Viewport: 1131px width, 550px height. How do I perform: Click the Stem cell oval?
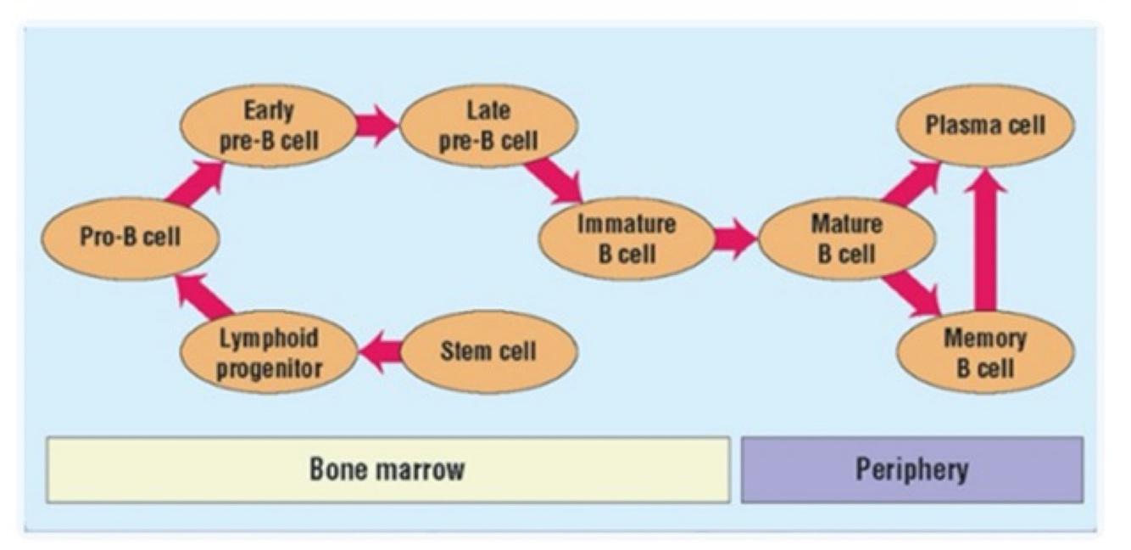488,350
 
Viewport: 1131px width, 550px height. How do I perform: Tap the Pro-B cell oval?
130,238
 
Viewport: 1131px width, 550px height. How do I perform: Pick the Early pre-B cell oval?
268,126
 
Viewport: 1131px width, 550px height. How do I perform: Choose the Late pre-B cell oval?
488,126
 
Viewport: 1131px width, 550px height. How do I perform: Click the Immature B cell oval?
627,238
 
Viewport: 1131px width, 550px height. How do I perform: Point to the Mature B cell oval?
847,238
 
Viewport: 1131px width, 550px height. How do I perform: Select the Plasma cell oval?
985,126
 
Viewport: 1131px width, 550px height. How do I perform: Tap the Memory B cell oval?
985,351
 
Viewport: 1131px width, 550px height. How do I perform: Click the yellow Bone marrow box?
387,469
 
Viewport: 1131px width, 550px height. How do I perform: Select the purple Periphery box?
911,469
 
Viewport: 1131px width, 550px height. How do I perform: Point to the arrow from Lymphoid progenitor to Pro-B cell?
203,297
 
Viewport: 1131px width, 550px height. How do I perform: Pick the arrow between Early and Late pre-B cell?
376,126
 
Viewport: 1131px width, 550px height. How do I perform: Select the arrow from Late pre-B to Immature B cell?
554,180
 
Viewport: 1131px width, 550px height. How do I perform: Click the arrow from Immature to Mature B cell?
734,238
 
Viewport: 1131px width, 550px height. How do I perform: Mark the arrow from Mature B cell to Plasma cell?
911,182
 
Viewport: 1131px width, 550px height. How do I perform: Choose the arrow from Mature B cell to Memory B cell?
911,294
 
